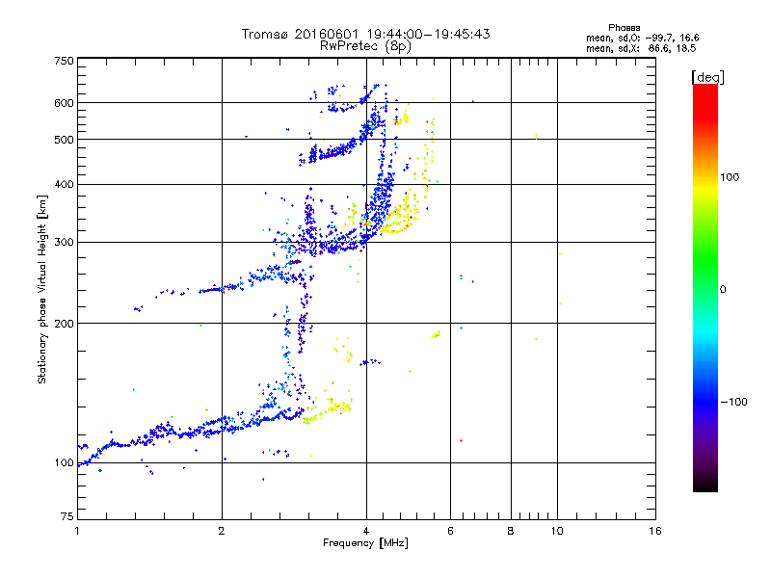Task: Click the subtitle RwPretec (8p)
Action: click(365, 46)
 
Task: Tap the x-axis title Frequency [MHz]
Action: click(365, 543)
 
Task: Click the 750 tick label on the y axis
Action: click(64, 61)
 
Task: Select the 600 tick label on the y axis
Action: click(64, 103)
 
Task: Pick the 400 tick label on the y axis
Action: click(64, 184)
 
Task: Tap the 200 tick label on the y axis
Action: click(64, 324)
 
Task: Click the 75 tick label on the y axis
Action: click(66, 516)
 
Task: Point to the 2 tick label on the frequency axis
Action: click(222, 531)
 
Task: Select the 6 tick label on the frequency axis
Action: click(450, 531)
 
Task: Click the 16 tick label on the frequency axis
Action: click(655, 531)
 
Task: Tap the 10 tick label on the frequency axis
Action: click(557, 531)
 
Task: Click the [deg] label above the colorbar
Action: click(707, 78)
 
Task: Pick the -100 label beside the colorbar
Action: click(734, 402)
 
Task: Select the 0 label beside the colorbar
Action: click(723, 289)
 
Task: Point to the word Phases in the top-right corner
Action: click(624, 28)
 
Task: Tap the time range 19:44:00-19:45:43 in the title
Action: click(428, 35)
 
